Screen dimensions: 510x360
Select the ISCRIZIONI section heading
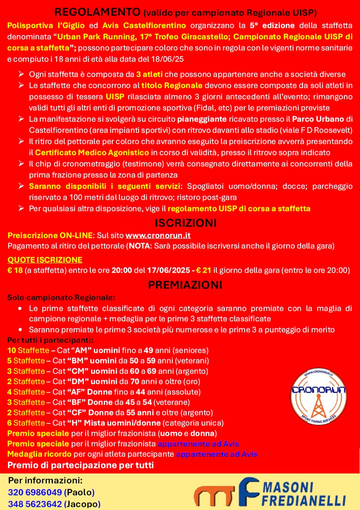(180, 222)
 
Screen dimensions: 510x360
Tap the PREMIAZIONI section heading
(180, 285)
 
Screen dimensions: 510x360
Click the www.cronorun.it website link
(158, 236)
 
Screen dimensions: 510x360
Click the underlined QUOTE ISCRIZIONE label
(45, 260)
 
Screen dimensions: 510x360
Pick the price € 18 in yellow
(15, 270)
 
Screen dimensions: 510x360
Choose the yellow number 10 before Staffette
(12, 350)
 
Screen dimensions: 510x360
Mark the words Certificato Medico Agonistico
(92, 153)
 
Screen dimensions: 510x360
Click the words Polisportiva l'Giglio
(46, 26)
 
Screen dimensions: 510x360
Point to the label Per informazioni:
(45, 481)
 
